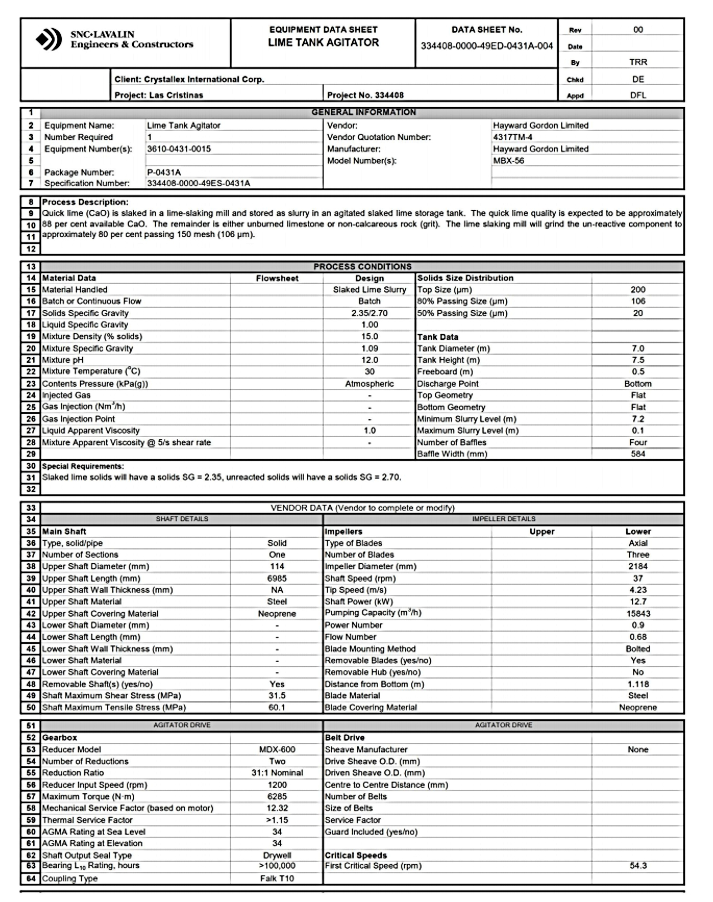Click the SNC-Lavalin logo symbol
pos(49,39)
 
